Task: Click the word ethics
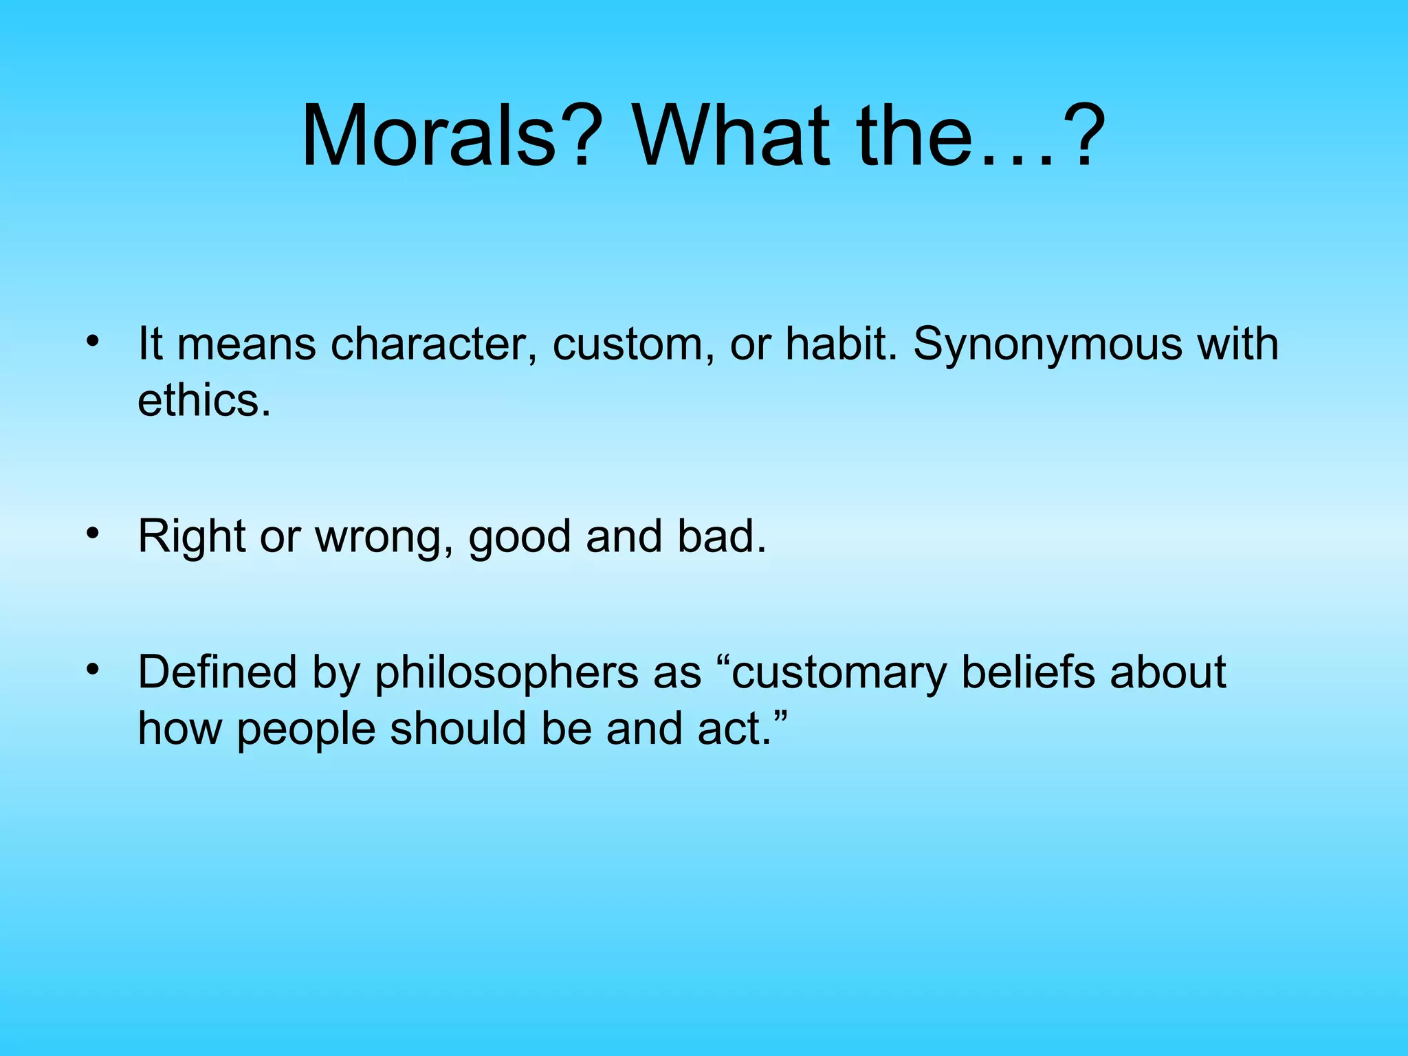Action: [203, 400]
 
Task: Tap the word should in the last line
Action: [459, 729]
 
